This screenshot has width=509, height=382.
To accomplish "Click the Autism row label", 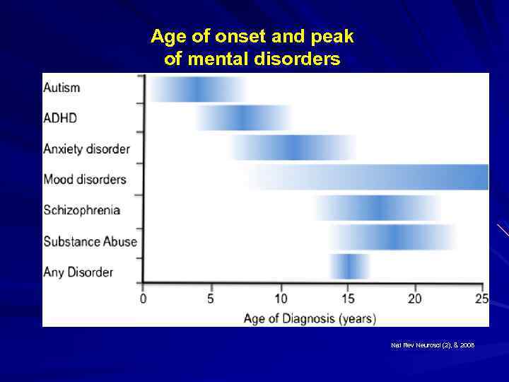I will pyautogui.click(x=62, y=88).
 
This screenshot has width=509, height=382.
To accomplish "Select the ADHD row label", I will pyautogui.click(x=61, y=118).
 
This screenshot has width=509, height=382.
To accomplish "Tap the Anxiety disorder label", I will pyautogui.click(x=86, y=149).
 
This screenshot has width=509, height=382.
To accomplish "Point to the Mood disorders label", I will pyautogui.click(x=84, y=179).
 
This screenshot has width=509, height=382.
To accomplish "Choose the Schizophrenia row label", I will pyautogui.click(x=81, y=210).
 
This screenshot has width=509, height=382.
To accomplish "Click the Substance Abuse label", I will pyautogui.click(x=90, y=241).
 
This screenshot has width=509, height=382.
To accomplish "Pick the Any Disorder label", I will pyautogui.click(x=78, y=272).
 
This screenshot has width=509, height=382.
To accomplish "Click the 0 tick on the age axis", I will pyautogui.click(x=144, y=299).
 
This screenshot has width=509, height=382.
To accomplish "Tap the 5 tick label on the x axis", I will pyautogui.click(x=211, y=299).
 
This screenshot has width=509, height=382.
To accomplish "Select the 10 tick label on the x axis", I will pyautogui.click(x=281, y=299).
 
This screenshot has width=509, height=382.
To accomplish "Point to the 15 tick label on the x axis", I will pyautogui.click(x=348, y=299).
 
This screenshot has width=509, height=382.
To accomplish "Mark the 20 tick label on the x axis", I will pyautogui.click(x=415, y=299).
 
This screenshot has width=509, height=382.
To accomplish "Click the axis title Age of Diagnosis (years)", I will pyautogui.click(x=310, y=318).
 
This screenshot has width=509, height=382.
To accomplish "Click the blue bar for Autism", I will pyautogui.click(x=197, y=89).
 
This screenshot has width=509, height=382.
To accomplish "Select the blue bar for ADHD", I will pyautogui.click(x=242, y=118).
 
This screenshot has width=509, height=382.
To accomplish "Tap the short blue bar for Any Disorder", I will pyautogui.click(x=349, y=266).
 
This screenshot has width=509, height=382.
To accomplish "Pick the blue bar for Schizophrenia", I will pyautogui.click(x=378, y=207).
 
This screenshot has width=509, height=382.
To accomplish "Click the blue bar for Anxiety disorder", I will pyautogui.click(x=293, y=148).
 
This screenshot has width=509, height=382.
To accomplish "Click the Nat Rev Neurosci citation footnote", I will pyautogui.click(x=433, y=345).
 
